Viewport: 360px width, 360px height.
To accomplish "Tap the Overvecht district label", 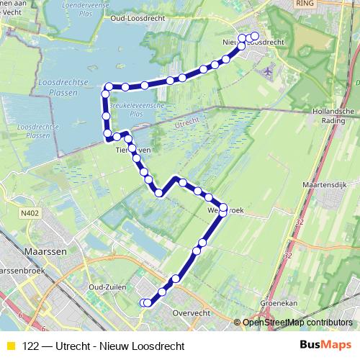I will pos(191,313).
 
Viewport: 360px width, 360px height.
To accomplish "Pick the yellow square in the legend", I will pos(10,346).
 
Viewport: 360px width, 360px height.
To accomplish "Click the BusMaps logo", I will pos(325,346).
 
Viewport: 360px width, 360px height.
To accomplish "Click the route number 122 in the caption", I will pos(31,346).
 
